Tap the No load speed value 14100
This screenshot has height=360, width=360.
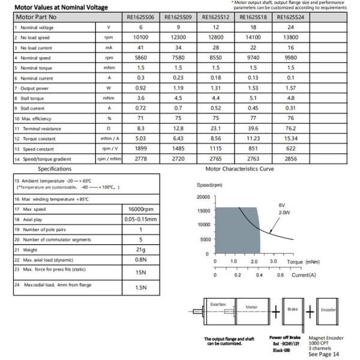coord(252,38)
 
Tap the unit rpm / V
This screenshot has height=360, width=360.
coord(109,149)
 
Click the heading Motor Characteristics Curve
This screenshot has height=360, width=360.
coord(240,170)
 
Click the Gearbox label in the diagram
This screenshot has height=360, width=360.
coord(218,305)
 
